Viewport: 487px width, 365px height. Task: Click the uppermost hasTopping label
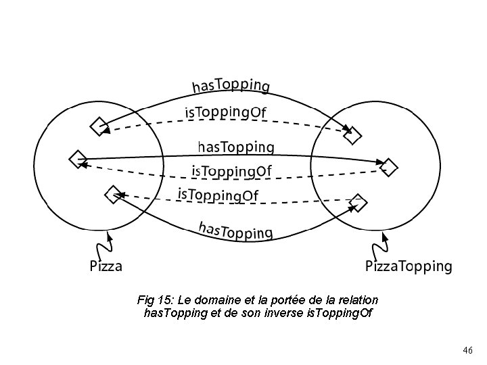pos(231,84)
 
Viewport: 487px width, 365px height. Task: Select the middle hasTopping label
pos(236,147)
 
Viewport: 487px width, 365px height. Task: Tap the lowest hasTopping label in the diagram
pos(235,230)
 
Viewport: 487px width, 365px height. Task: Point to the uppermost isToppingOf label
pos(225,112)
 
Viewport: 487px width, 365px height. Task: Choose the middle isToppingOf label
pos(231,172)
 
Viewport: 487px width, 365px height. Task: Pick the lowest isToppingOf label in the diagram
pos(218,195)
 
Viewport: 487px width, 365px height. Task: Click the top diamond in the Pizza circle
pos(98,126)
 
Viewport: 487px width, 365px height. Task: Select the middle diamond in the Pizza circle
pos(77,159)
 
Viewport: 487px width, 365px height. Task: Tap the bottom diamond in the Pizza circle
pos(113,195)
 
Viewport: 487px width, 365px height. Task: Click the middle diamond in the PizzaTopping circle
pos(389,166)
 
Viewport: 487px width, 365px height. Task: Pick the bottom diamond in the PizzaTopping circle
pos(358,201)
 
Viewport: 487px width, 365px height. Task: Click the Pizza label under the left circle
pos(106,266)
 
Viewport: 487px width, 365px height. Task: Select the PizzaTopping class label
pos(409,266)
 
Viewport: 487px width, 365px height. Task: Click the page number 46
pos(467,350)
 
